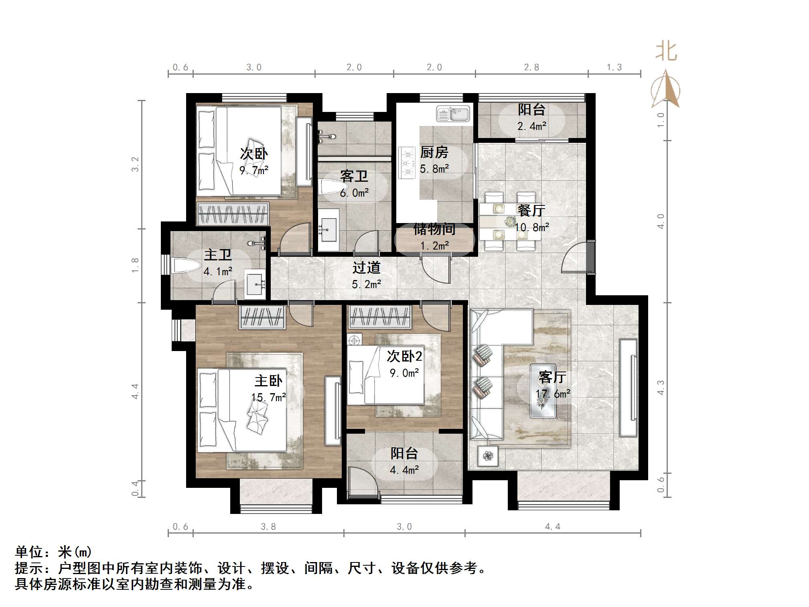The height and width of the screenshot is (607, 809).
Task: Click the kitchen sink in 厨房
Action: point(453,114)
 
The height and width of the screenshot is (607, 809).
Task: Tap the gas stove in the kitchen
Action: point(406,163)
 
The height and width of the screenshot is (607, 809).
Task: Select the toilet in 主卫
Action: point(186,266)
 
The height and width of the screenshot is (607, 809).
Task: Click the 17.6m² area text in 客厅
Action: point(553,394)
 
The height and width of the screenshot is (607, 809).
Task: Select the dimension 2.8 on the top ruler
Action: point(531,67)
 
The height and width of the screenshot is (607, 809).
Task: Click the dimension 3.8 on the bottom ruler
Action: point(268,527)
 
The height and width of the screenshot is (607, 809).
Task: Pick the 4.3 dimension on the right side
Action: point(660,388)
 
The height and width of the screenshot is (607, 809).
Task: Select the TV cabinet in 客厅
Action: point(628,388)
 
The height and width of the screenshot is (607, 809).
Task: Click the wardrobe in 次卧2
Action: point(380,317)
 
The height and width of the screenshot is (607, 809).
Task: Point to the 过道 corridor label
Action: point(366,268)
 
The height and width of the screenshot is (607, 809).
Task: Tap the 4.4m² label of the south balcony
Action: point(404,470)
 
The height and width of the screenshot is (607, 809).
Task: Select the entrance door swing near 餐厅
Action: point(574,259)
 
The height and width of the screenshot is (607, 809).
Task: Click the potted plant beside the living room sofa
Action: point(488,456)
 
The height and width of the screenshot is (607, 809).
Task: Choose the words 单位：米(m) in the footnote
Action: point(53,552)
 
